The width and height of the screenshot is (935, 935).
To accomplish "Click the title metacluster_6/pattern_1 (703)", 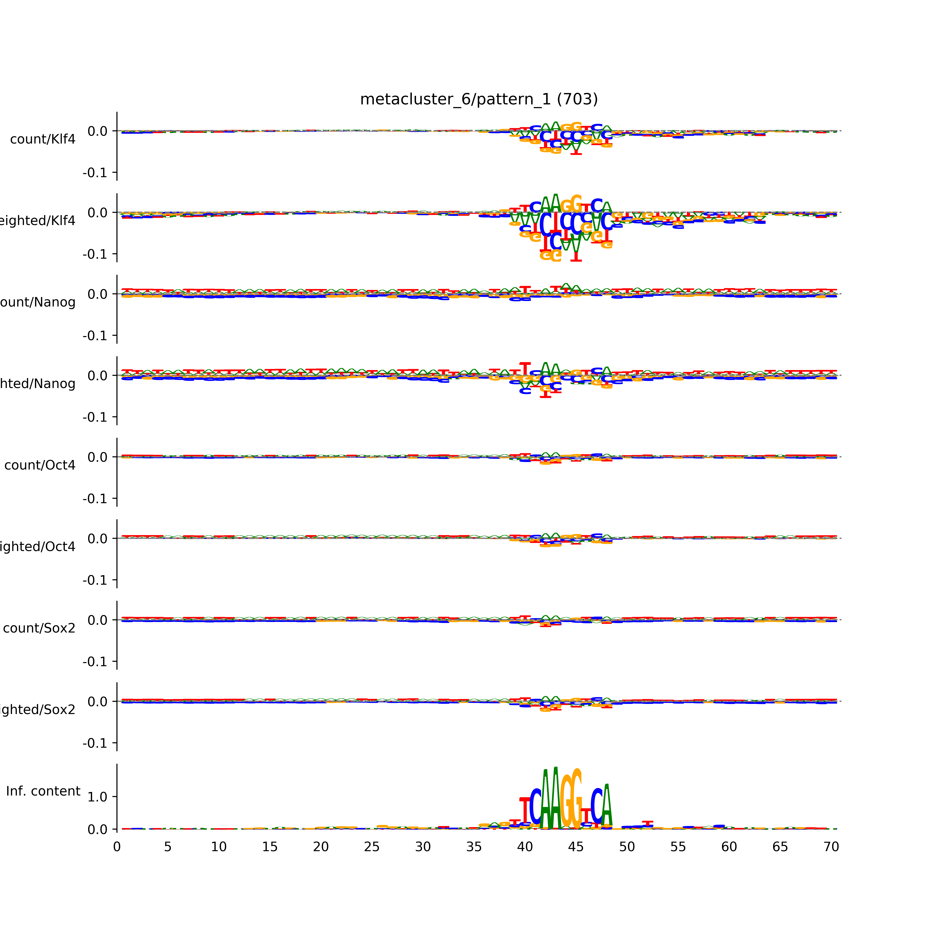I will [479, 99].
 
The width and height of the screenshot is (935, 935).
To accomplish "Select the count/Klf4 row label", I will [43, 139].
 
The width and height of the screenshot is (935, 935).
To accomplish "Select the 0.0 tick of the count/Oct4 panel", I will [97, 457].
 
